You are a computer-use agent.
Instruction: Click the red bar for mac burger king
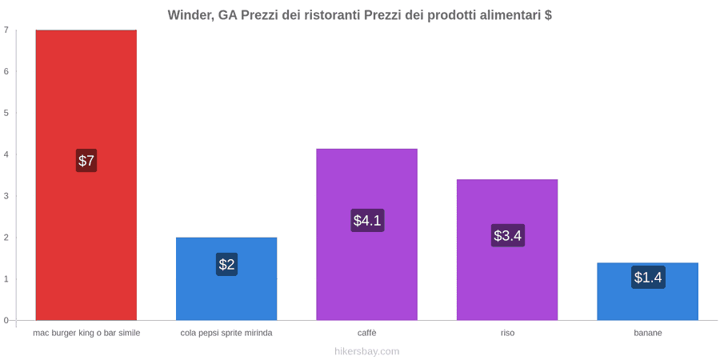click(86, 175)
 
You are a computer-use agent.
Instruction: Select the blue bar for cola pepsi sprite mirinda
click(226, 278)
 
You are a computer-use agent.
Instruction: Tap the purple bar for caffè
click(367, 234)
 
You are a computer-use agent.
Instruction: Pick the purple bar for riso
click(507, 250)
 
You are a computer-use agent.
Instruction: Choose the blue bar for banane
click(647, 291)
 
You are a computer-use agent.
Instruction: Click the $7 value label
click(86, 161)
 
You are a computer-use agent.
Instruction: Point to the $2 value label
click(226, 265)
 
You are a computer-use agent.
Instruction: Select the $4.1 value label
click(367, 221)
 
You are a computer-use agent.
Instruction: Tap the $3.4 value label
click(507, 235)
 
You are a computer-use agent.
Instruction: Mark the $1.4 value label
click(648, 278)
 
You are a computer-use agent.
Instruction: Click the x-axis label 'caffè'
click(367, 334)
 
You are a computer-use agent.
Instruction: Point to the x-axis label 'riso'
click(507, 334)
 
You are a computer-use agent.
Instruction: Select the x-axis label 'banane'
click(648, 334)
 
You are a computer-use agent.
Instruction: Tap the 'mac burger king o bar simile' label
click(86, 334)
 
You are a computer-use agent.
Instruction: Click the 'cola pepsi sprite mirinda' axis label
click(226, 334)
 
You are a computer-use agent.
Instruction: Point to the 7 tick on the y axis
click(6, 30)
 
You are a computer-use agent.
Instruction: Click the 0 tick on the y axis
click(6, 321)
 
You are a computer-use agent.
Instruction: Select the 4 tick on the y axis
click(6, 154)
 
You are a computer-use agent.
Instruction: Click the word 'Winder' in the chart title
click(190, 15)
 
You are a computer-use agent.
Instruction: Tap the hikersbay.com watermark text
click(360, 352)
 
